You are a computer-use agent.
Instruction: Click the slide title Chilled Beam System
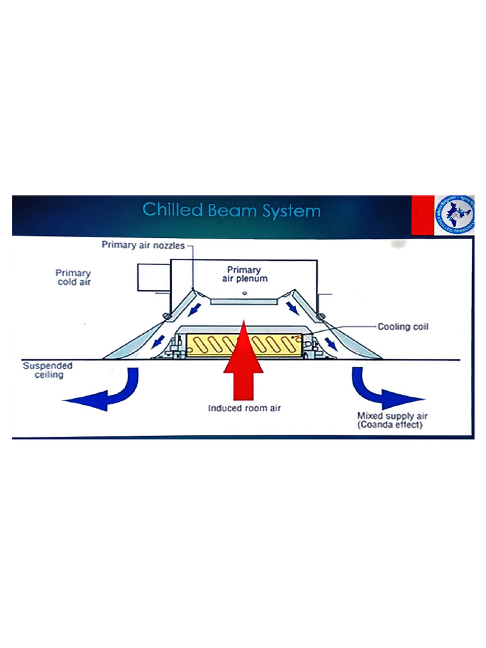(x=231, y=210)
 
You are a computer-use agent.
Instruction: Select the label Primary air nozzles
(x=144, y=245)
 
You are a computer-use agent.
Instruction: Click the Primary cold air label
(x=73, y=277)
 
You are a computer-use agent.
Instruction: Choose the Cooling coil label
(x=403, y=327)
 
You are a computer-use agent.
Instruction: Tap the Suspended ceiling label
(x=47, y=370)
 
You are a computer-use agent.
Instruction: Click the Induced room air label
(x=244, y=408)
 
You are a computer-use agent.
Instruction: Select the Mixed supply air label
(x=388, y=416)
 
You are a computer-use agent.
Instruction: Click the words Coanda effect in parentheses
(x=390, y=425)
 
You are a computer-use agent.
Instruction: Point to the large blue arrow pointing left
(x=101, y=394)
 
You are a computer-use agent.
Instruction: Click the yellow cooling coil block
(x=209, y=346)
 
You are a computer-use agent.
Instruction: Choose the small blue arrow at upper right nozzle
(x=293, y=308)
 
